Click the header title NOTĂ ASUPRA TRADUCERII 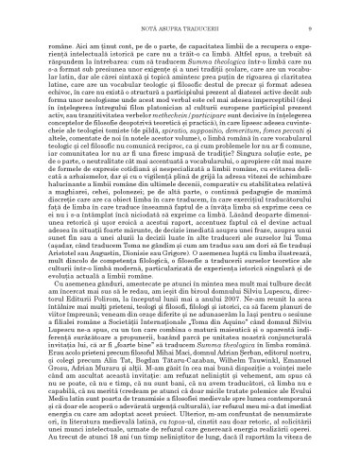point(180,10)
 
